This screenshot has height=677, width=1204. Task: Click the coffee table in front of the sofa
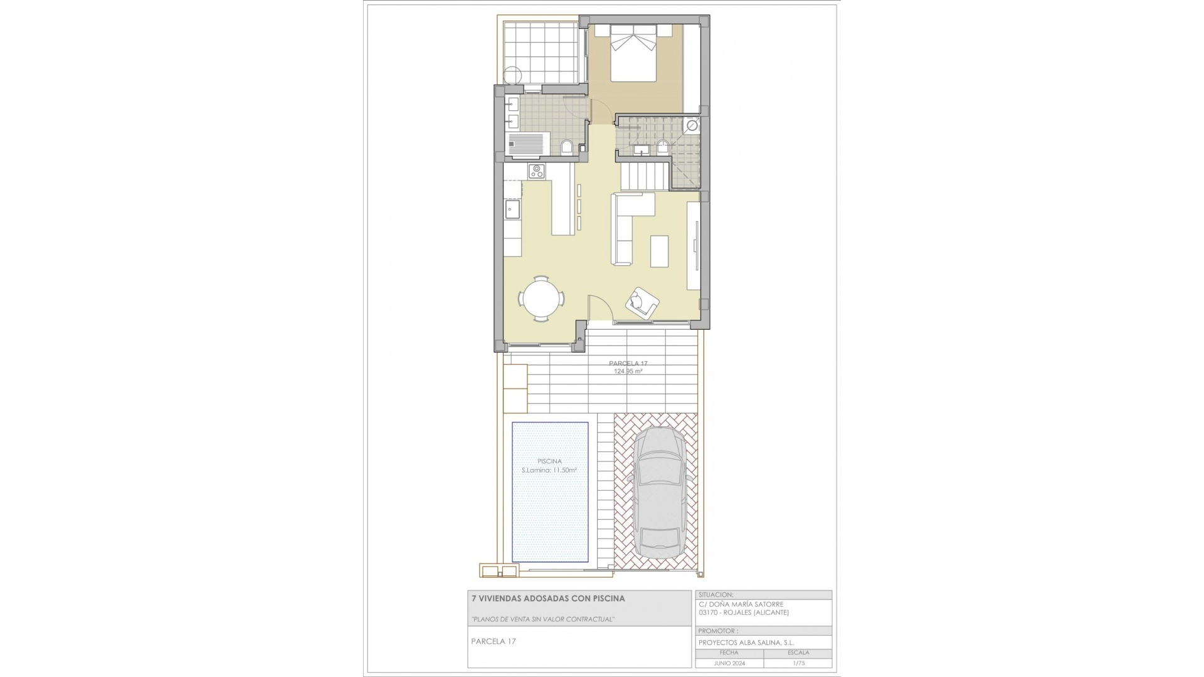(659, 250)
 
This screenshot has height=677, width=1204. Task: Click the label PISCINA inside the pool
(549, 461)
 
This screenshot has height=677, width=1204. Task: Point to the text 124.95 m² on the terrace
(628, 371)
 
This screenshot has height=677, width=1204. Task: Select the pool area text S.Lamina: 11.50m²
(549, 470)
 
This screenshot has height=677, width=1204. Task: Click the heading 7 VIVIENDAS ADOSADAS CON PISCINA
(547, 598)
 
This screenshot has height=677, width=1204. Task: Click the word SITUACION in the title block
(716, 594)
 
